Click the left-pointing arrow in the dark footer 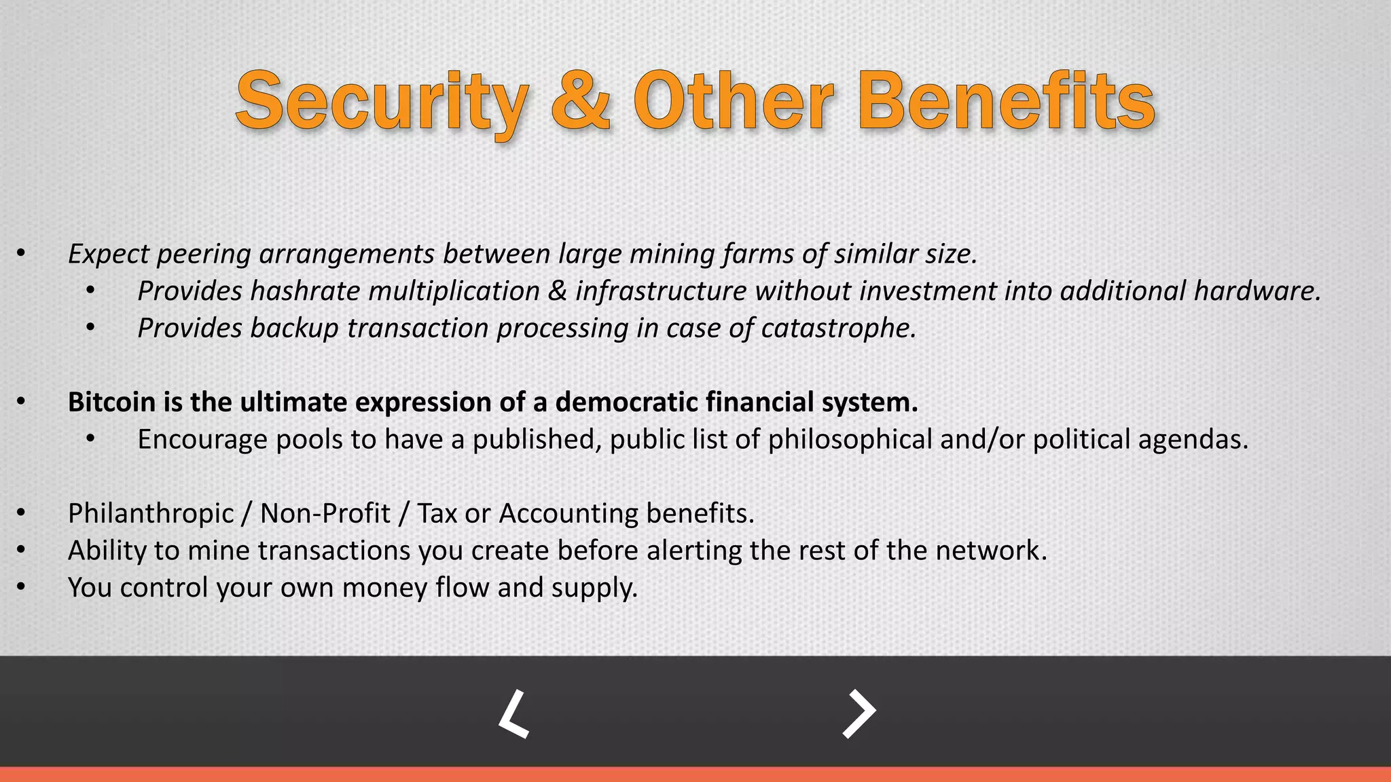pos(514,713)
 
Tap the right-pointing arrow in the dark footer pos(859,713)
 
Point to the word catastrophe pos(838,329)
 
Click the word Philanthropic pos(151,513)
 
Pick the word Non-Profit pos(325,513)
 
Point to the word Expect pos(109,255)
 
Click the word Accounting pos(568,513)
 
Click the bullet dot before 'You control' pos(21,587)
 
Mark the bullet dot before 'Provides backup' pos(90,328)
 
